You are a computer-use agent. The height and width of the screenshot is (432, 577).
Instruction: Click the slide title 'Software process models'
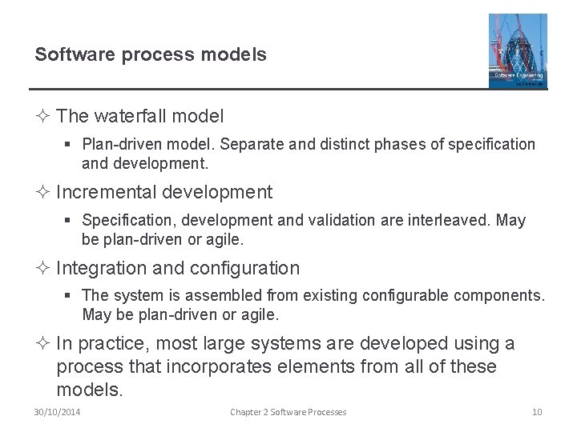pyautogui.click(x=151, y=55)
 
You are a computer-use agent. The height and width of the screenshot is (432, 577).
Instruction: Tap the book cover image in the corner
pyautogui.click(x=518, y=50)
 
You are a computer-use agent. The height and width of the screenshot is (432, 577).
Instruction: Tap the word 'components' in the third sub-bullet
pyautogui.click(x=502, y=296)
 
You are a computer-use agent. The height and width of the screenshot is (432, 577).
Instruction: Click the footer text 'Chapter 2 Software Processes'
pyautogui.click(x=288, y=412)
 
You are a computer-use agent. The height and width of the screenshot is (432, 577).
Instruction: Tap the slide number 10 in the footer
pyautogui.click(x=537, y=412)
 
